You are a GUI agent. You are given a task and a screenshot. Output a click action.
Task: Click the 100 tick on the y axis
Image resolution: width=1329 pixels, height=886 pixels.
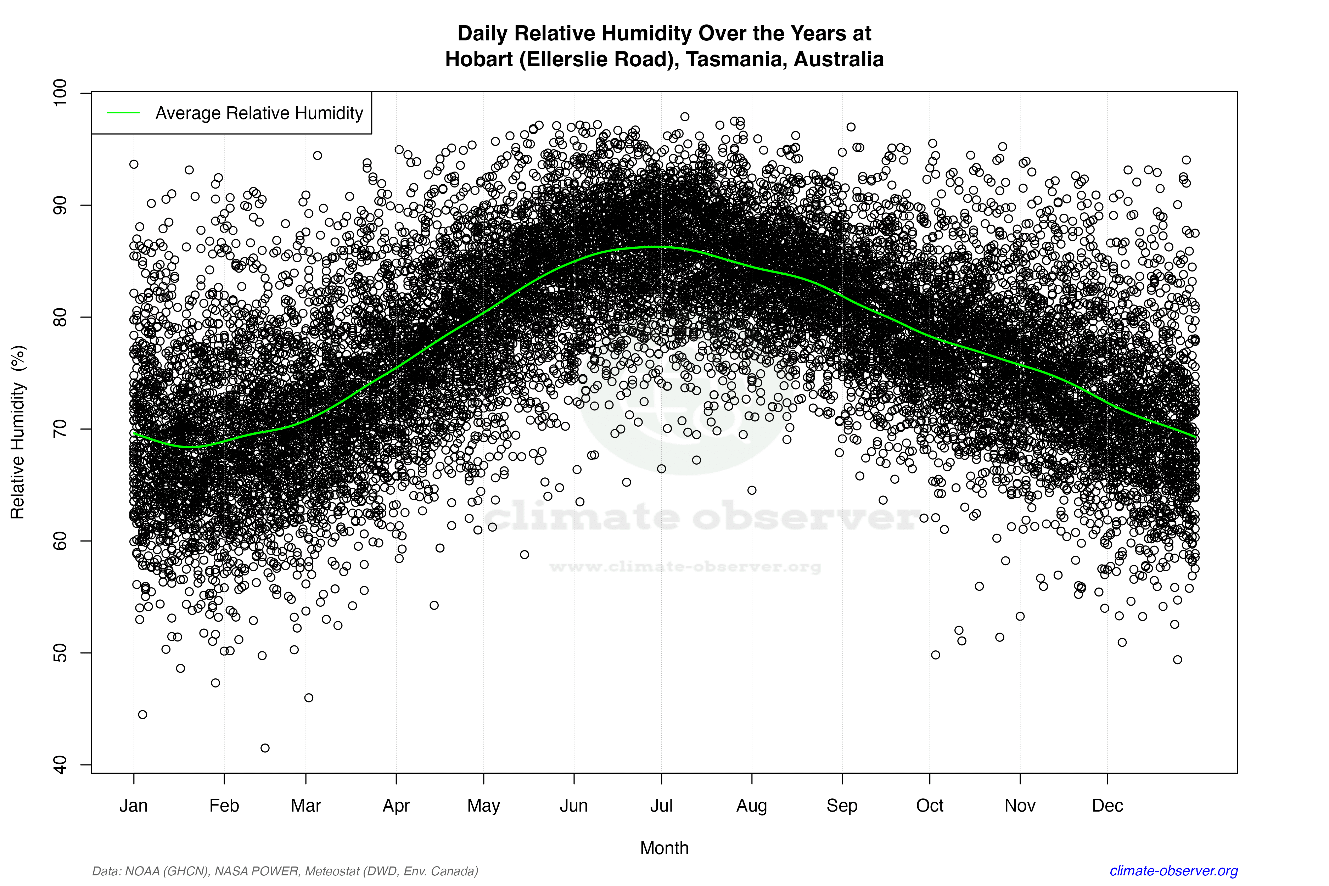pyautogui.click(x=59, y=92)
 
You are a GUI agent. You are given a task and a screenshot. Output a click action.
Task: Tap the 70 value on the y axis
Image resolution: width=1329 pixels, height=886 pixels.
pyautogui.click(x=59, y=429)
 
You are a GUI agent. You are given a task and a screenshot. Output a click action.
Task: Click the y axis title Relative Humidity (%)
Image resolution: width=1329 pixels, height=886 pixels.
pyautogui.click(x=18, y=432)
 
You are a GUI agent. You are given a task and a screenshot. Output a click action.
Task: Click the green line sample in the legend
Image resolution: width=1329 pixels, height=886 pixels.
pyautogui.click(x=123, y=113)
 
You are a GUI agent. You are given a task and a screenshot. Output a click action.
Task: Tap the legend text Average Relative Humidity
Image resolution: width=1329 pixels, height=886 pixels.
pyautogui.click(x=259, y=113)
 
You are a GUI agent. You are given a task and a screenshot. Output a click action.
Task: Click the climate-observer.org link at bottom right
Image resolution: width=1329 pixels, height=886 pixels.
pyautogui.click(x=1174, y=871)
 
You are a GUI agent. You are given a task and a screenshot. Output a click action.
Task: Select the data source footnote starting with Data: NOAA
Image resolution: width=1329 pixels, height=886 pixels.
pyautogui.click(x=285, y=871)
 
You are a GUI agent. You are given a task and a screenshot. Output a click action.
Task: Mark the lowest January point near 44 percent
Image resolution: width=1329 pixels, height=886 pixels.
pyautogui.click(x=142, y=715)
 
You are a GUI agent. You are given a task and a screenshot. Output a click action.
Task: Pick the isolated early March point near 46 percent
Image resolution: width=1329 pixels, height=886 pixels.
pyautogui.click(x=309, y=698)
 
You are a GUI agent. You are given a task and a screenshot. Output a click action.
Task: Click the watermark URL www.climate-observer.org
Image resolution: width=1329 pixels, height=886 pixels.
pyautogui.click(x=685, y=567)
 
